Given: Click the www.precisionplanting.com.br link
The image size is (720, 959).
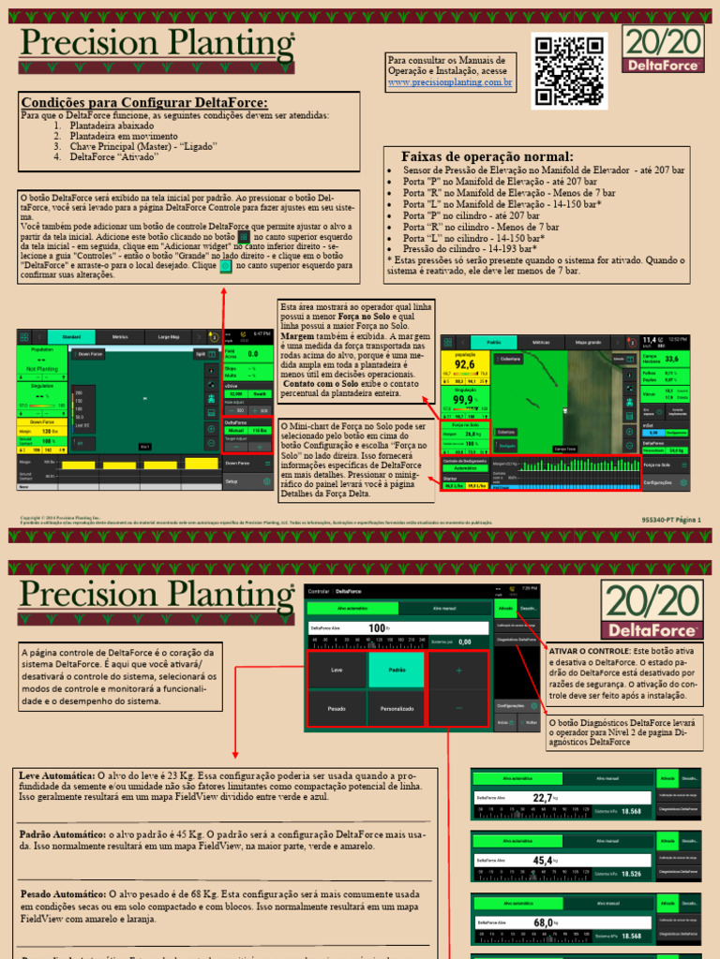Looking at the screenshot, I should click(x=450, y=83).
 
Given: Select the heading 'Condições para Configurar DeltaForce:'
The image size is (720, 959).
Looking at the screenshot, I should click(x=144, y=102).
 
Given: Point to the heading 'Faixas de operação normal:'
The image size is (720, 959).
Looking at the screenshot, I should click(x=487, y=156).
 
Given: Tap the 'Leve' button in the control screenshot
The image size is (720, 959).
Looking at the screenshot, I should click(x=336, y=670).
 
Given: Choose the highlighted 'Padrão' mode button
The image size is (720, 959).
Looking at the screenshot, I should click(x=396, y=670).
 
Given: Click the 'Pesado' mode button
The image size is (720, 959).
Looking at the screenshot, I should click(x=336, y=709).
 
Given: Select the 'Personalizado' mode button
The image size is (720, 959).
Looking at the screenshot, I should click(x=396, y=709).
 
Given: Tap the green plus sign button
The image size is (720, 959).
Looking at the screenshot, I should click(x=458, y=671).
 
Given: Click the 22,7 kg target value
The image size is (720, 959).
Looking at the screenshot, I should click(x=543, y=798).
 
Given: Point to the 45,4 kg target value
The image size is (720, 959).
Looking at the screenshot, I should click(x=543, y=860).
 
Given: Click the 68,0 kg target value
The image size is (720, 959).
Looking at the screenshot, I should click(x=543, y=922).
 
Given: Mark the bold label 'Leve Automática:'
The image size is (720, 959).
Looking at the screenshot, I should click(x=55, y=776).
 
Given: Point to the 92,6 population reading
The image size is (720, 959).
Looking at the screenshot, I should click(x=465, y=365).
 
